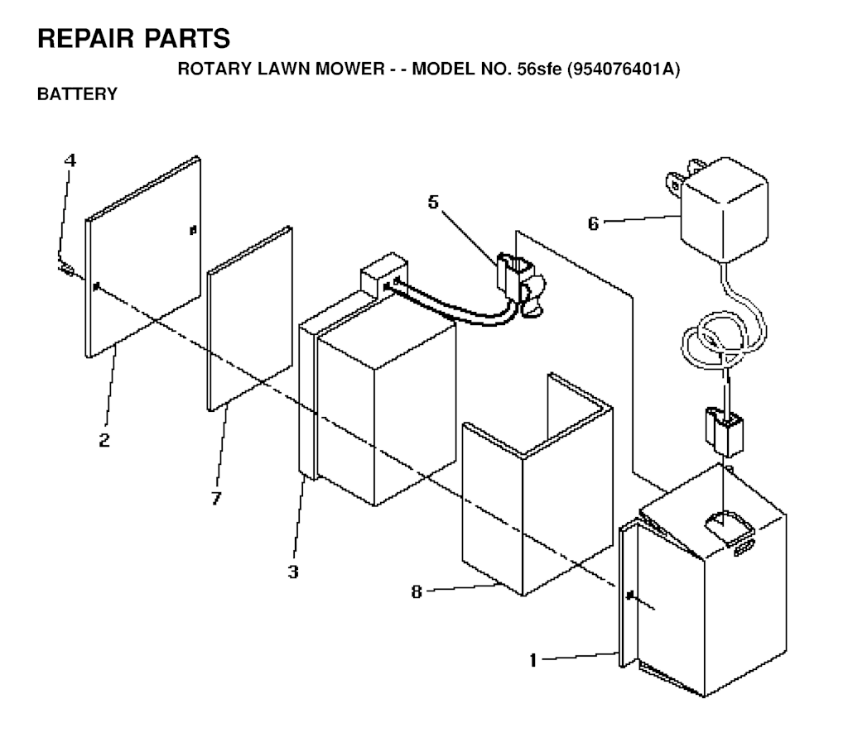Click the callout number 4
70,160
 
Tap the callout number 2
104,440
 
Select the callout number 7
216,498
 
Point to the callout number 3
293,572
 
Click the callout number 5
433,202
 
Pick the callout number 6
593,223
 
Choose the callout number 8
416,591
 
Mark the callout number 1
532,660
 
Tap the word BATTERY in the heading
77,94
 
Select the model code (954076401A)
623,69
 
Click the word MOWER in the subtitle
350,69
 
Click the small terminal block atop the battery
384,274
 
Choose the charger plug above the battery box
723,432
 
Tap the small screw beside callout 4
65,268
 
